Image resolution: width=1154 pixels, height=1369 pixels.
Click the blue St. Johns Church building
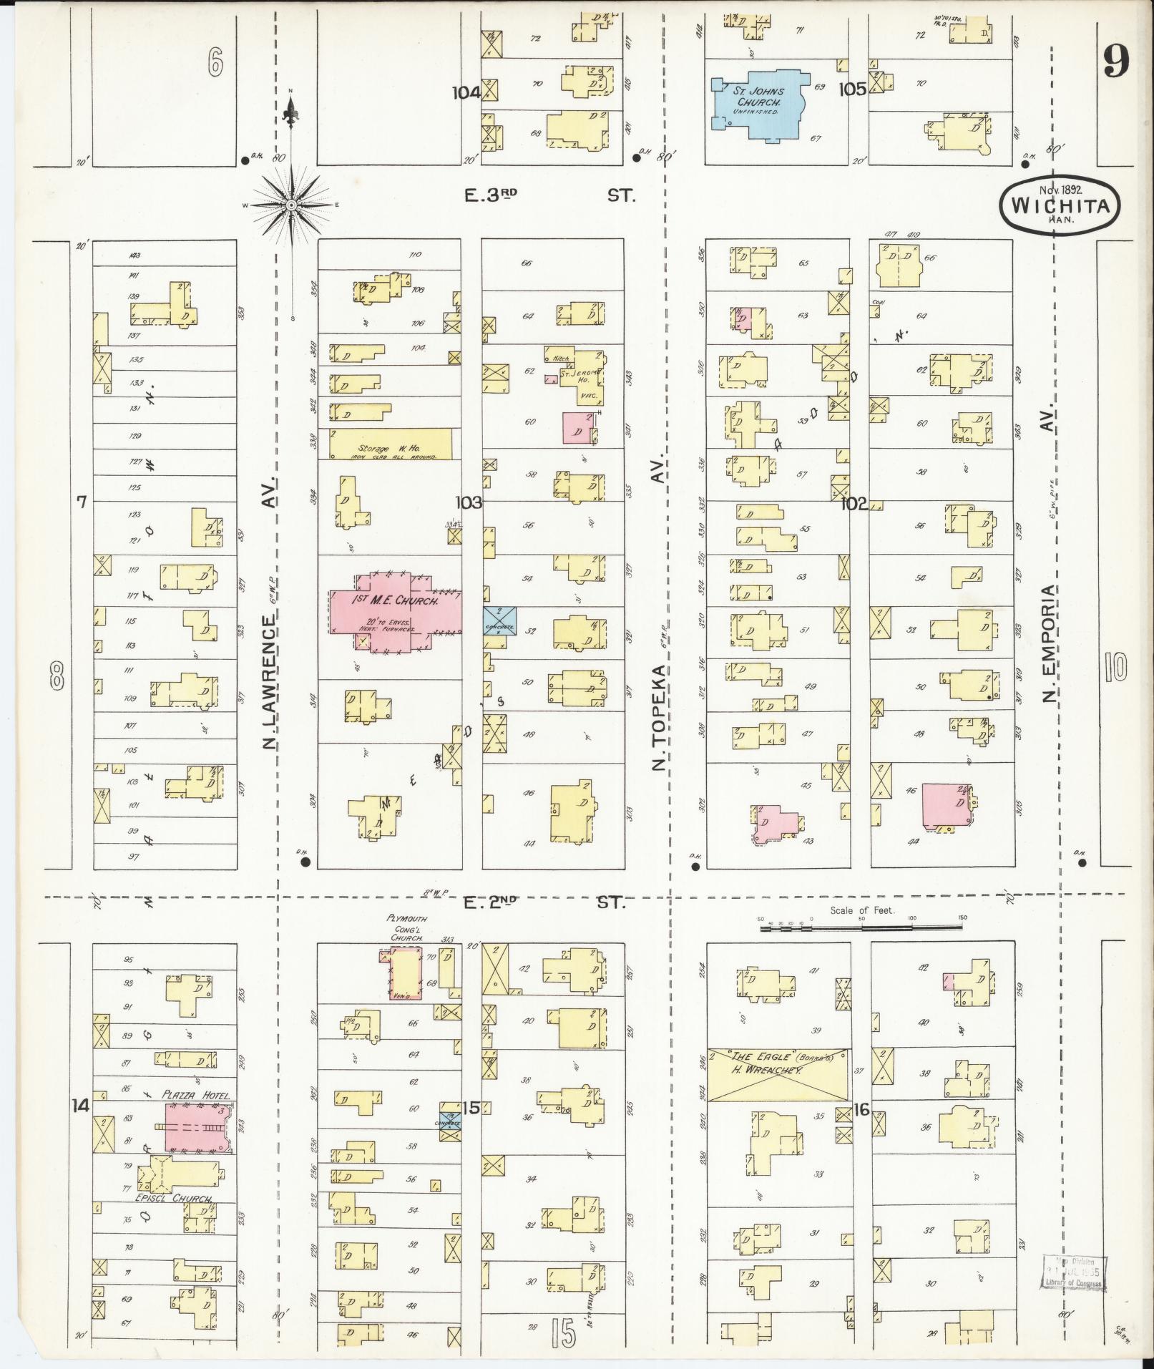click(x=759, y=104)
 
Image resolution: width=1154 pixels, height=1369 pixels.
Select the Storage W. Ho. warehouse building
click(x=391, y=444)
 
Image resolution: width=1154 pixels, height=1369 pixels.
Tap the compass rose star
click(x=292, y=205)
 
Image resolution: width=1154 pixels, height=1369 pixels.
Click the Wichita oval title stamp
click(x=1060, y=205)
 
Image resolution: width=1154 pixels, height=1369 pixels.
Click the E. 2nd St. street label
click(x=544, y=903)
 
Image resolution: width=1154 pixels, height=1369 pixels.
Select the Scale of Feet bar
click(x=862, y=929)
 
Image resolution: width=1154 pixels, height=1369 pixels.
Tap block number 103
click(x=469, y=502)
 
